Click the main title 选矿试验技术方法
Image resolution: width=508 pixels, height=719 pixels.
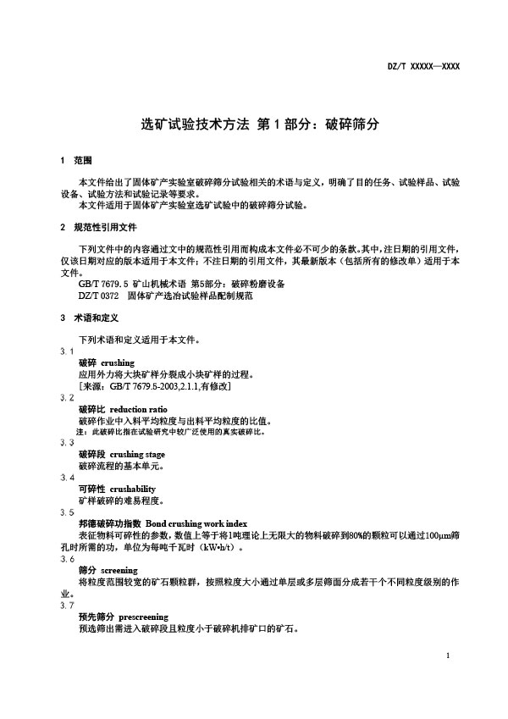click(x=195, y=124)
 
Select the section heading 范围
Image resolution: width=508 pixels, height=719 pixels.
click(x=82, y=161)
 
